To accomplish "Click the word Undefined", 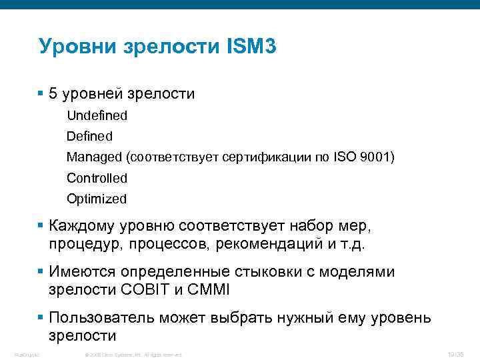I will pyautogui.click(x=97, y=115).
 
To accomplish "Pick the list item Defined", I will pyautogui.click(x=89, y=136).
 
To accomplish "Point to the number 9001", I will pyautogui.click(x=377, y=157).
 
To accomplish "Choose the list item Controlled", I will pyautogui.click(x=97, y=178).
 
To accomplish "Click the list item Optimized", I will pyautogui.click(x=96, y=199).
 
